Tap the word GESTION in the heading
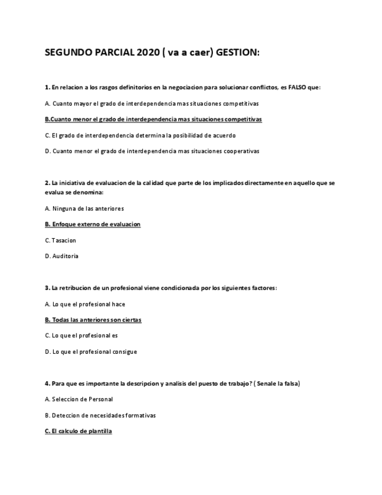(x=237, y=53)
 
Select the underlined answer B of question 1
(x=153, y=119)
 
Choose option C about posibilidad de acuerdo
(x=140, y=135)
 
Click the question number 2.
(x=47, y=183)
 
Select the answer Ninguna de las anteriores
(x=84, y=208)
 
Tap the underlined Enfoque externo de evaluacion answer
(x=93, y=224)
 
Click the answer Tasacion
(x=60, y=240)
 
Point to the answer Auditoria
(x=61, y=256)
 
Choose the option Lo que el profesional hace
(x=85, y=304)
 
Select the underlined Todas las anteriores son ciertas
(x=93, y=320)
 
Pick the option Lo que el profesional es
(x=81, y=336)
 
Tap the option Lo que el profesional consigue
(x=90, y=352)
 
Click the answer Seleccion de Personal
(x=79, y=399)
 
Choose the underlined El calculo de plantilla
(x=78, y=431)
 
